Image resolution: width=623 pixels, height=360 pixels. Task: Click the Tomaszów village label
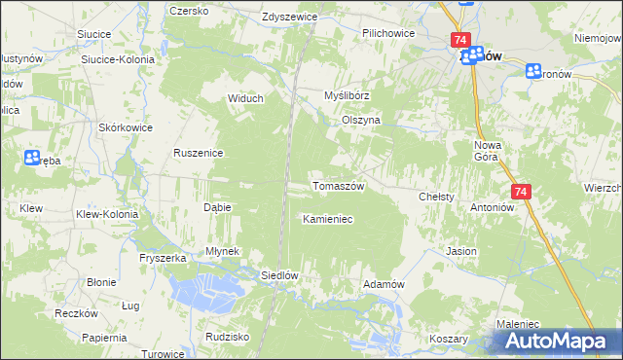pyautogui.click(x=337, y=186)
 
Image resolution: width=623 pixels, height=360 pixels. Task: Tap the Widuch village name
pyautogui.click(x=246, y=97)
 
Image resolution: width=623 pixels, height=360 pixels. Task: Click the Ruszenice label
pyautogui.click(x=199, y=153)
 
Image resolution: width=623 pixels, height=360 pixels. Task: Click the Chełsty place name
pyautogui.click(x=436, y=197)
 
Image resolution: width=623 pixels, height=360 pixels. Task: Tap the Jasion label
pyautogui.click(x=461, y=251)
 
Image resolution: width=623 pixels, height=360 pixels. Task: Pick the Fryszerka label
pyautogui.click(x=162, y=258)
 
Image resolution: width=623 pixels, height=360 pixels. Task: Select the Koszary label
pyautogui.click(x=448, y=339)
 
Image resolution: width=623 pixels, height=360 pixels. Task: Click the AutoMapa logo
pyautogui.click(x=556, y=341)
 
